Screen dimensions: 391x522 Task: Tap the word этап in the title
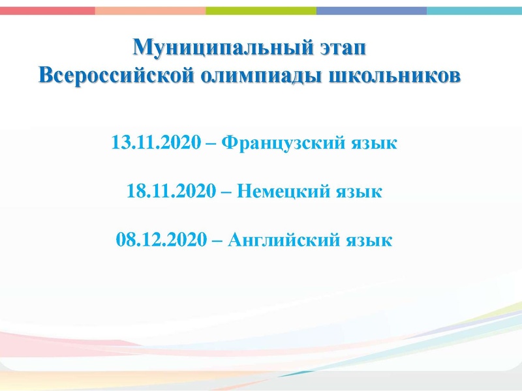(x=349, y=48)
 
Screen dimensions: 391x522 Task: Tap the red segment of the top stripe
(x=47, y=10)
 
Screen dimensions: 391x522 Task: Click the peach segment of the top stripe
(x=150, y=10)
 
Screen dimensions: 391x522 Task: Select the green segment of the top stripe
(x=261, y=10)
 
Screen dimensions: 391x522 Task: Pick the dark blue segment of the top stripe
(x=371, y=10)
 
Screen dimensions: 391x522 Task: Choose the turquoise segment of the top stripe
(x=474, y=10)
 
